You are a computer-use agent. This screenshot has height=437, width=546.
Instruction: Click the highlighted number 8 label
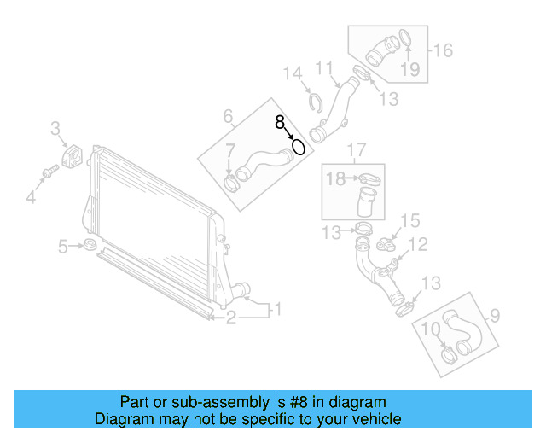pyautogui.click(x=281, y=123)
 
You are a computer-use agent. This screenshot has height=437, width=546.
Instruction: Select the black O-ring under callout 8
pyautogui.click(x=299, y=148)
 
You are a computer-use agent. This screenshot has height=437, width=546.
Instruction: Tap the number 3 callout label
pyautogui.click(x=55, y=130)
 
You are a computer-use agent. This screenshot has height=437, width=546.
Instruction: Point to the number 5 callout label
pyautogui.click(x=63, y=248)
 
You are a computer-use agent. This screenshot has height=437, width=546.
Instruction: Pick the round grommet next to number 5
pyautogui.click(x=89, y=247)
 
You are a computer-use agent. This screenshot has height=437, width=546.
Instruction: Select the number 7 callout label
pyautogui.click(x=229, y=152)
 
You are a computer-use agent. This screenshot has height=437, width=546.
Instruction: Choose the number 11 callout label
pyautogui.click(x=324, y=67)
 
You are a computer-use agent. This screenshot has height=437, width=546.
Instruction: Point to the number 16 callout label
pyautogui.click(x=444, y=50)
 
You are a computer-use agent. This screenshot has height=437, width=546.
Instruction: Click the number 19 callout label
pyautogui.click(x=410, y=68)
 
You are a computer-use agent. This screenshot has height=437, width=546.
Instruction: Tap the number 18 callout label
pyautogui.click(x=337, y=178)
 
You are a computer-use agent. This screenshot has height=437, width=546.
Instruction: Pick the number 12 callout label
pyautogui.click(x=416, y=246)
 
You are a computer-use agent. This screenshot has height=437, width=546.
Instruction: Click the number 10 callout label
pyautogui.click(x=431, y=328)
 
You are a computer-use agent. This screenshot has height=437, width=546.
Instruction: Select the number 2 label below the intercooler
pyautogui.click(x=231, y=318)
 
